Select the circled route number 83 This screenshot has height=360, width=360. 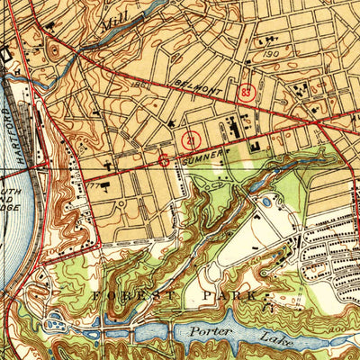(248, 91)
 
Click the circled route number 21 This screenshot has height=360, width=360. (191, 139)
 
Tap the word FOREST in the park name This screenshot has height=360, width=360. (125, 294)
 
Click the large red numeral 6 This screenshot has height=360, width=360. (163, 161)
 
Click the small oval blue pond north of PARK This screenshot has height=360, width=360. (265, 202)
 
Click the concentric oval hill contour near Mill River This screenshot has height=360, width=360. (53, 49)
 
